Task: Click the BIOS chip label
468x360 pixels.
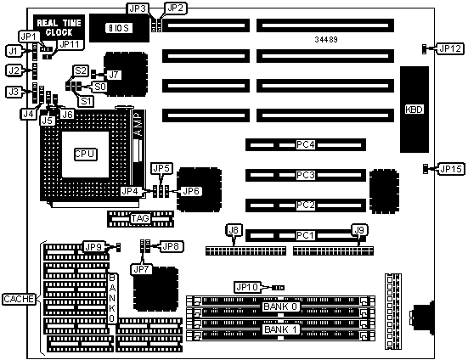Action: (x=119, y=28)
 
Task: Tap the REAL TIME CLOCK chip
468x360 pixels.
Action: (x=59, y=28)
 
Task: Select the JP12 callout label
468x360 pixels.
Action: (x=450, y=48)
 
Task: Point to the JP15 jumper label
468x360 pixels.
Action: (x=451, y=169)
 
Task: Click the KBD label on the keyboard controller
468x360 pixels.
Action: (x=414, y=110)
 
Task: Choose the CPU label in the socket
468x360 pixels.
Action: (x=86, y=155)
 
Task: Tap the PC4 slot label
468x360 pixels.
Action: (x=305, y=144)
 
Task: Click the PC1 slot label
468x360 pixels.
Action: (x=305, y=235)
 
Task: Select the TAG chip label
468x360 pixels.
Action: (x=140, y=218)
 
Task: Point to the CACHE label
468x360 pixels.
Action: (x=19, y=299)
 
